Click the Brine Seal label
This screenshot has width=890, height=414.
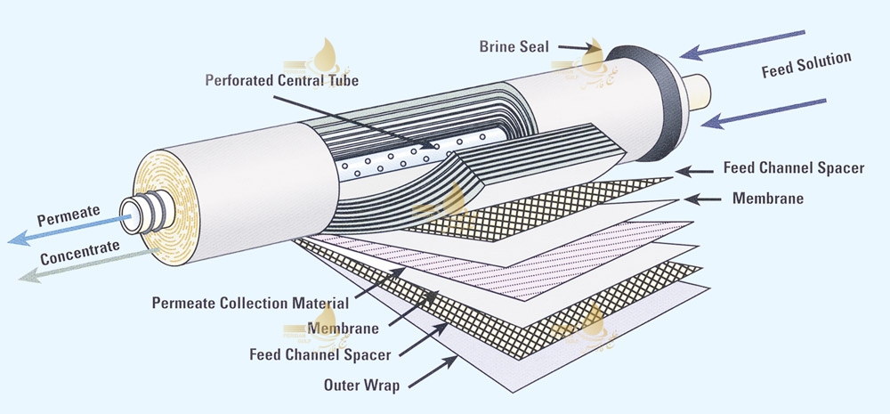[x=514, y=45]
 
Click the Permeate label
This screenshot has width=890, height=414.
[x=65, y=216]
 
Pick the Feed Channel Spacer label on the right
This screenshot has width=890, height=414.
[x=793, y=168]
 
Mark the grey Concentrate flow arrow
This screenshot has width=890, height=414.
[x=53, y=264]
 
